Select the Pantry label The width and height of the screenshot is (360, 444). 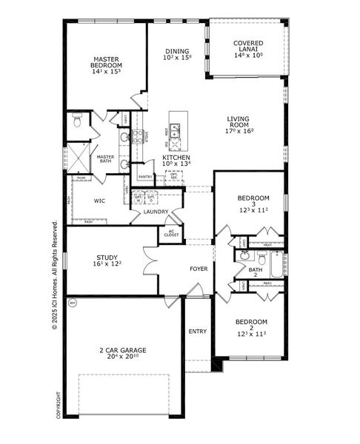click(x=145, y=177)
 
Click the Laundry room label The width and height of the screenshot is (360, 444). click(x=156, y=212)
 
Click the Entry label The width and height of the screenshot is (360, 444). click(x=198, y=331)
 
